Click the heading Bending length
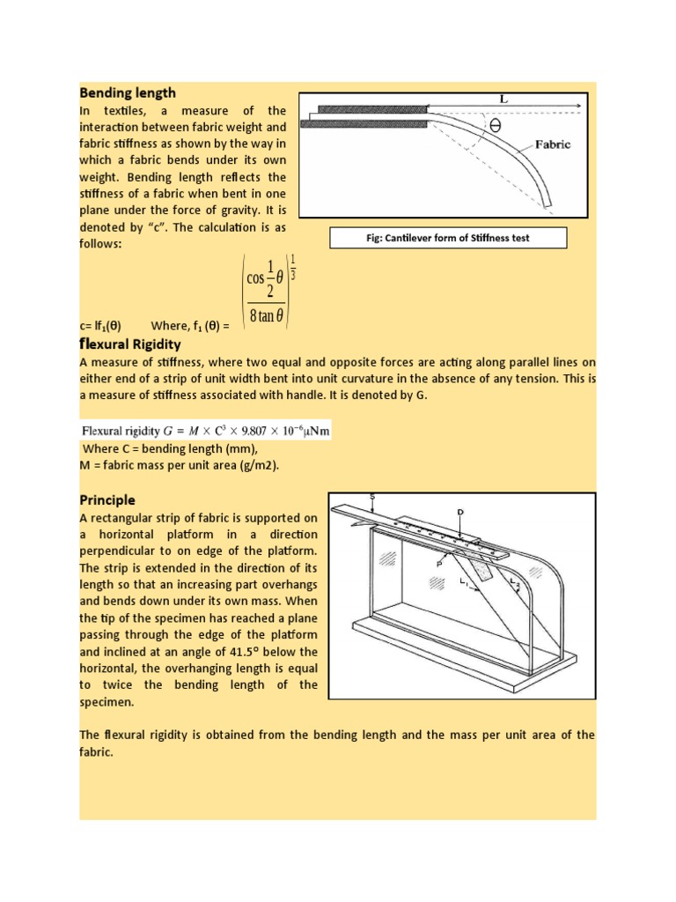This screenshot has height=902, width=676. tap(128, 92)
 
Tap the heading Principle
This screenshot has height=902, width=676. tap(107, 499)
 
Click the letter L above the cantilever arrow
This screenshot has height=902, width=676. tap(503, 100)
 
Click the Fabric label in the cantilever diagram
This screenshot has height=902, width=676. tap(552, 144)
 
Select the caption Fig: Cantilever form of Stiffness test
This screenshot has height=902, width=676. tap(448, 238)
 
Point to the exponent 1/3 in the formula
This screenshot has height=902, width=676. tap(293, 268)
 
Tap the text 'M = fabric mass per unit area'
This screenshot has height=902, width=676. tap(180, 465)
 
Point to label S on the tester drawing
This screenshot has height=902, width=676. tap(372, 497)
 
